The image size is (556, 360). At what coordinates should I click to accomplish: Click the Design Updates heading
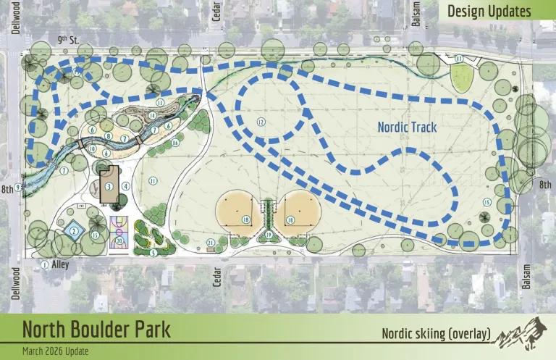(489, 11)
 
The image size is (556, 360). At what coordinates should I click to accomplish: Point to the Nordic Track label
(407, 126)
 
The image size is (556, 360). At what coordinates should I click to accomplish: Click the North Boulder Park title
(96, 330)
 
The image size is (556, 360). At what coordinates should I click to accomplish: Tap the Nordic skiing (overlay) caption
(437, 334)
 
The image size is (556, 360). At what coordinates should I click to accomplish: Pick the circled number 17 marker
(458, 58)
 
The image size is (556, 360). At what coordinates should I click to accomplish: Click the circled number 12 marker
(260, 122)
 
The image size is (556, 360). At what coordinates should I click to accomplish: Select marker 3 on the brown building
(109, 185)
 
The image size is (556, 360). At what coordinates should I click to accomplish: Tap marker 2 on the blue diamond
(73, 230)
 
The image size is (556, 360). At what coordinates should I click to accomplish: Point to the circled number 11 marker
(153, 180)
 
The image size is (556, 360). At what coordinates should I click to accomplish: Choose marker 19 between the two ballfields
(269, 235)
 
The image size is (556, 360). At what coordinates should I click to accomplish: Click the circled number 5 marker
(153, 253)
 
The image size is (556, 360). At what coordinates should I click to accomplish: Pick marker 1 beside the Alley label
(44, 265)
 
